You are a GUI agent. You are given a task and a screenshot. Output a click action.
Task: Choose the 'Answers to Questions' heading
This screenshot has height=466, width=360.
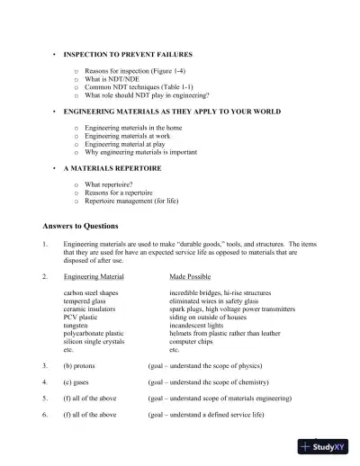point(80,225)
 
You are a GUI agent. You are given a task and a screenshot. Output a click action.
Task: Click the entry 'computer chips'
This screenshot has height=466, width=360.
point(191,342)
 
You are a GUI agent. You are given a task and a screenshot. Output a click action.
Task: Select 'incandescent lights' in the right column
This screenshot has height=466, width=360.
point(197,326)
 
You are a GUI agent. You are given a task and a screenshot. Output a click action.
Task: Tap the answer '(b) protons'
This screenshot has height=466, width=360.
point(82,366)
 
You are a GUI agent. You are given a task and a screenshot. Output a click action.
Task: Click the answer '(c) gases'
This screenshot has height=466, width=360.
point(79,382)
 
